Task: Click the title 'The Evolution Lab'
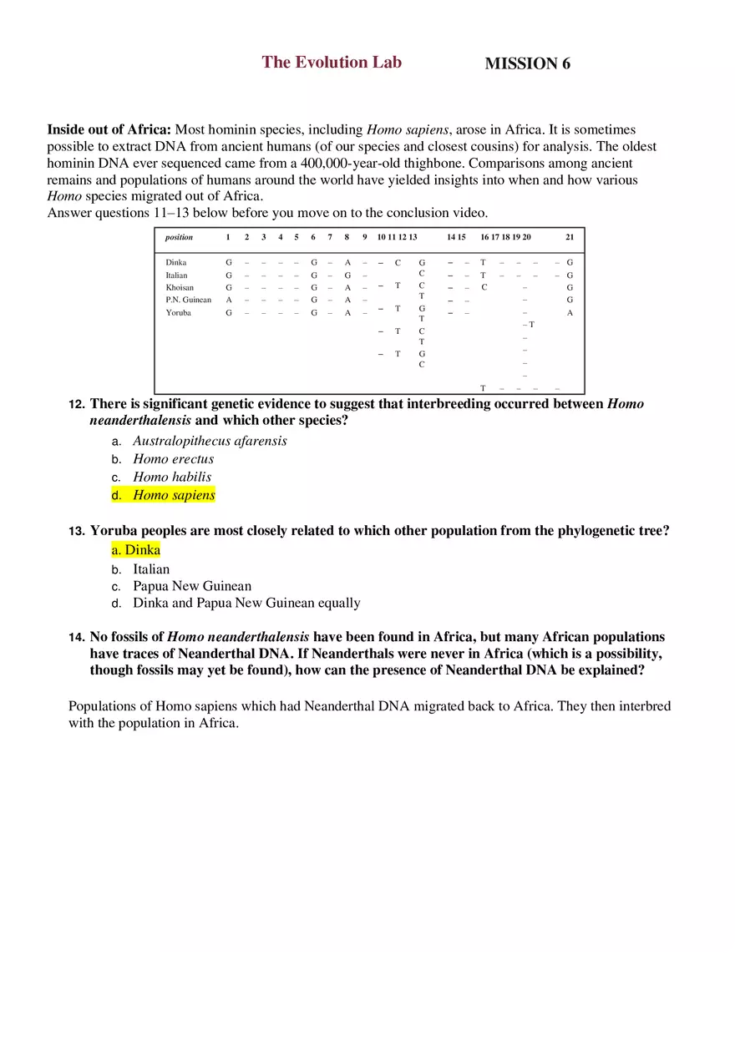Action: (x=332, y=63)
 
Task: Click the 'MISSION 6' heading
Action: (x=527, y=64)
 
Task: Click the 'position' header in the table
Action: (x=179, y=238)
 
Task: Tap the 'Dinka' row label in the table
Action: (x=176, y=263)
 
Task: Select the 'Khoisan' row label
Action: (x=180, y=288)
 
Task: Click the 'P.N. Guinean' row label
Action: (x=188, y=301)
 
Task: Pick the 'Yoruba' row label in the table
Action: (x=178, y=313)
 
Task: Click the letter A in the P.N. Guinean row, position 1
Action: (x=229, y=301)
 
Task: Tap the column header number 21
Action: (x=570, y=238)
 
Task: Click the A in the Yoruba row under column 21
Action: (x=570, y=313)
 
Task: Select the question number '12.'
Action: (x=76, y=405)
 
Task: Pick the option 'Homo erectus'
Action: (x=174, y=459)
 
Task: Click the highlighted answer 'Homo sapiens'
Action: (x=174, y=495)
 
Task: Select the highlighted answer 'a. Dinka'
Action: (x=135, y=550)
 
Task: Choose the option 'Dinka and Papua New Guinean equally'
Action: (x=246, y=603)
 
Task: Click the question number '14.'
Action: (x=76, y=638)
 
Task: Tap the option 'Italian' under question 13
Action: (x=151, y=569)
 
